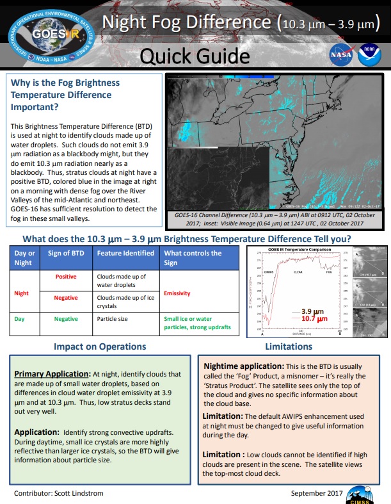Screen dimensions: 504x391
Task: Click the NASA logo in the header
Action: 340,54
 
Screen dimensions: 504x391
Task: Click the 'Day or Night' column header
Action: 24,257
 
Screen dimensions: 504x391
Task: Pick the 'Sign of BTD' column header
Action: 66,253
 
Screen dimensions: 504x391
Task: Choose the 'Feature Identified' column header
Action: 125,253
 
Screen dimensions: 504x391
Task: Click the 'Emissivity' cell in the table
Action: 178,293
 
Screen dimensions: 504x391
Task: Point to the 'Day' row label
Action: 19,318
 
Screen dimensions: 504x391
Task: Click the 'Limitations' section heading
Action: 289,346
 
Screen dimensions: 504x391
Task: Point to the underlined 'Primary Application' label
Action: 52,373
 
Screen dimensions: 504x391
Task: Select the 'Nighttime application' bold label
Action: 243,366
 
